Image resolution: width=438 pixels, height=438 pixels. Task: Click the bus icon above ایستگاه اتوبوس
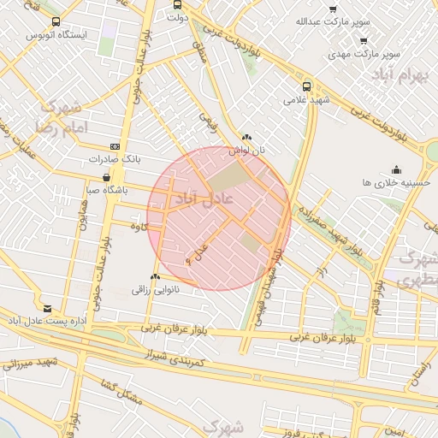coord(56,21)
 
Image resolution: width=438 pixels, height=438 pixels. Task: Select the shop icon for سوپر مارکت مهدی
coord(364,40)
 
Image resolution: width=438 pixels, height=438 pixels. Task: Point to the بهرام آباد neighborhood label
coord(400,76)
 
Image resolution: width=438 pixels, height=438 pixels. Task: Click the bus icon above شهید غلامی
coord(307,86)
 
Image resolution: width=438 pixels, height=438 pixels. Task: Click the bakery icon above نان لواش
coord(247,137)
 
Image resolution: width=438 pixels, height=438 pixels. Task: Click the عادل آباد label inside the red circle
coord(197,198)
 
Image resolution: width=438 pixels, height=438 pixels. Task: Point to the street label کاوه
coord(140,227)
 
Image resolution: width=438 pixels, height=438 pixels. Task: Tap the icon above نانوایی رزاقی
coord(155,276)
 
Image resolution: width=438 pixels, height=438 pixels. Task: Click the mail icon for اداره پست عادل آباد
coord(46,308)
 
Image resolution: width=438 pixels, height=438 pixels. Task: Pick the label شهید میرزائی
coord(29,364)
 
